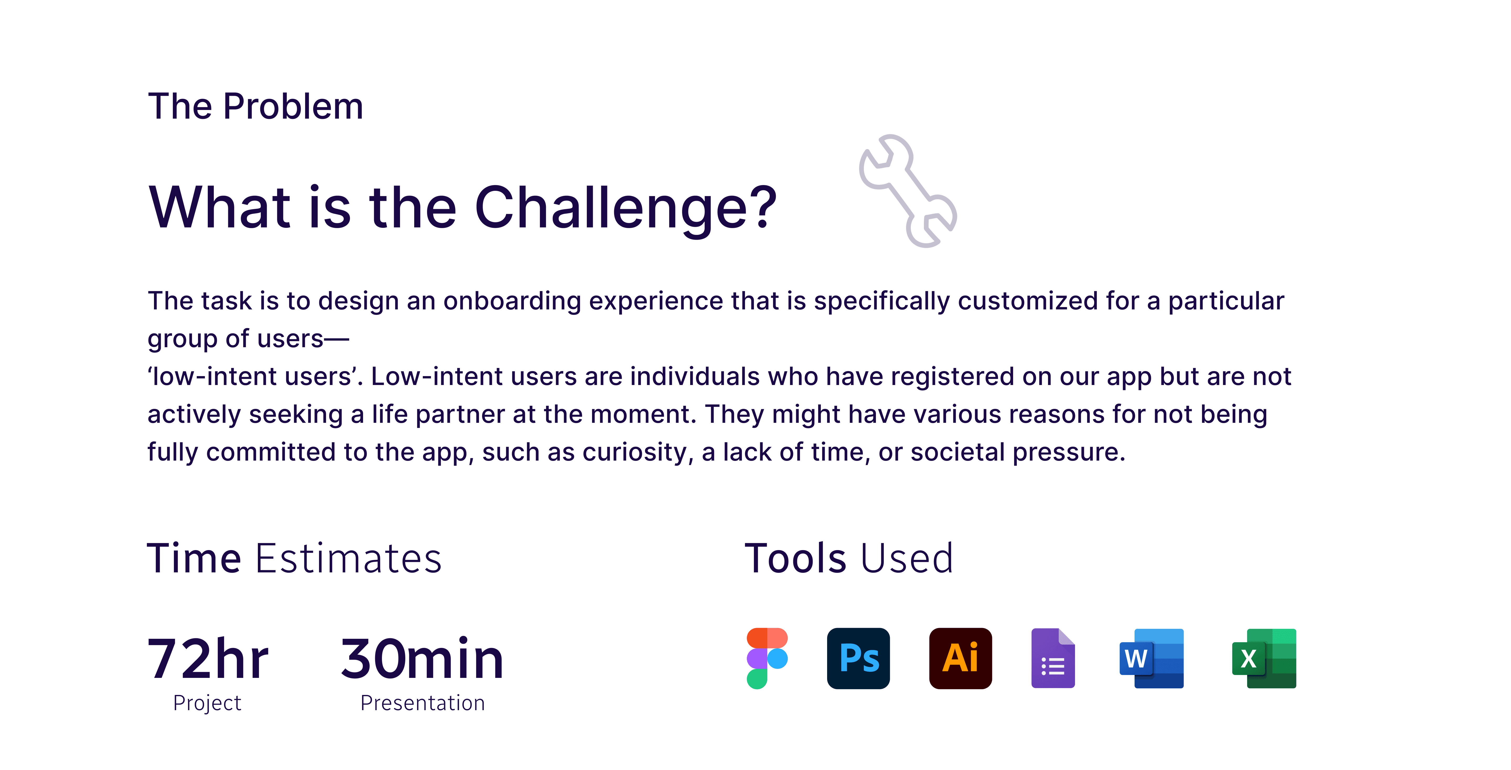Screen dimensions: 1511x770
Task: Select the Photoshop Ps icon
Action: pos(858,658)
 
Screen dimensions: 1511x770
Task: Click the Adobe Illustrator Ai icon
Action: pos(960,658)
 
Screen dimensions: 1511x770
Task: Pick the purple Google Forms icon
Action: pos(1053,658)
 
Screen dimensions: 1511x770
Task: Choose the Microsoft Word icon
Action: pos(1151,658)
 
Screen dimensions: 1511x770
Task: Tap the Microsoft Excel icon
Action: pos(1264,658)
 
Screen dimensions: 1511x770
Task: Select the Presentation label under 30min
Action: pos(422,703)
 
